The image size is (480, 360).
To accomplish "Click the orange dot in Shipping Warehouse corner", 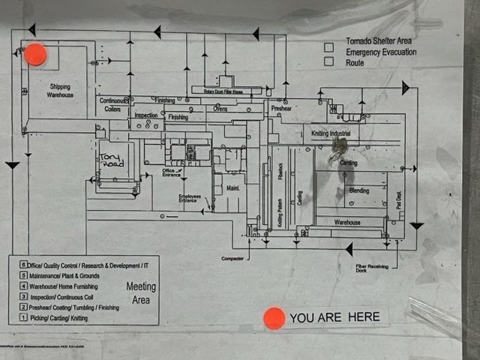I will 35,55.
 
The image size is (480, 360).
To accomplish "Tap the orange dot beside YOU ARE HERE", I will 274,318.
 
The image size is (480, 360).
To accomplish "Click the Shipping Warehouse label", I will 59,91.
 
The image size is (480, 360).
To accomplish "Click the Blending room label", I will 358,191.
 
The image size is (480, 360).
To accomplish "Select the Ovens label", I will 220,109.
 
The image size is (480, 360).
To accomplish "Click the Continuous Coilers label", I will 112,104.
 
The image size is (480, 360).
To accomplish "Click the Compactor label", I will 232,258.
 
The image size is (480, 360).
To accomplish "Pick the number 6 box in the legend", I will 23,265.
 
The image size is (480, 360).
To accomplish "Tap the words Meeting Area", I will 142,293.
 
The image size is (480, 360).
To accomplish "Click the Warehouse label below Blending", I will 347,223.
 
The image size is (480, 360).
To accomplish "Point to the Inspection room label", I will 145,115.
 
